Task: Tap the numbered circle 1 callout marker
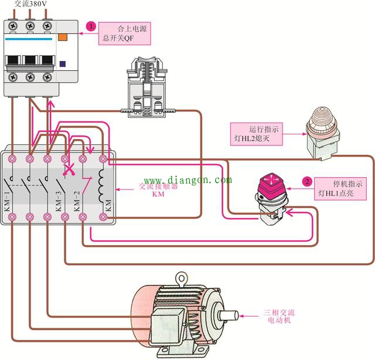pyautogui.click(x=91, y=26)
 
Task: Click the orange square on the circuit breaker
pyautogui.click(x=63, y=37)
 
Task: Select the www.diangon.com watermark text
pyautogui.click(x=187, y=180)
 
